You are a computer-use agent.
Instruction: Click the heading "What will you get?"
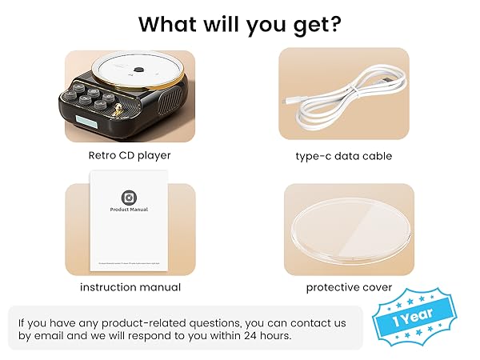coord(240,24)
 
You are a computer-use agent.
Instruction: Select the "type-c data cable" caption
coord(343,156)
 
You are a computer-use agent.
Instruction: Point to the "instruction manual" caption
coord(130,287)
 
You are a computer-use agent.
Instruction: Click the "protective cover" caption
coord(349,287)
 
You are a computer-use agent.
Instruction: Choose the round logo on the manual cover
coord(129,196)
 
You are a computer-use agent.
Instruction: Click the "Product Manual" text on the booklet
coord(129,210)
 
